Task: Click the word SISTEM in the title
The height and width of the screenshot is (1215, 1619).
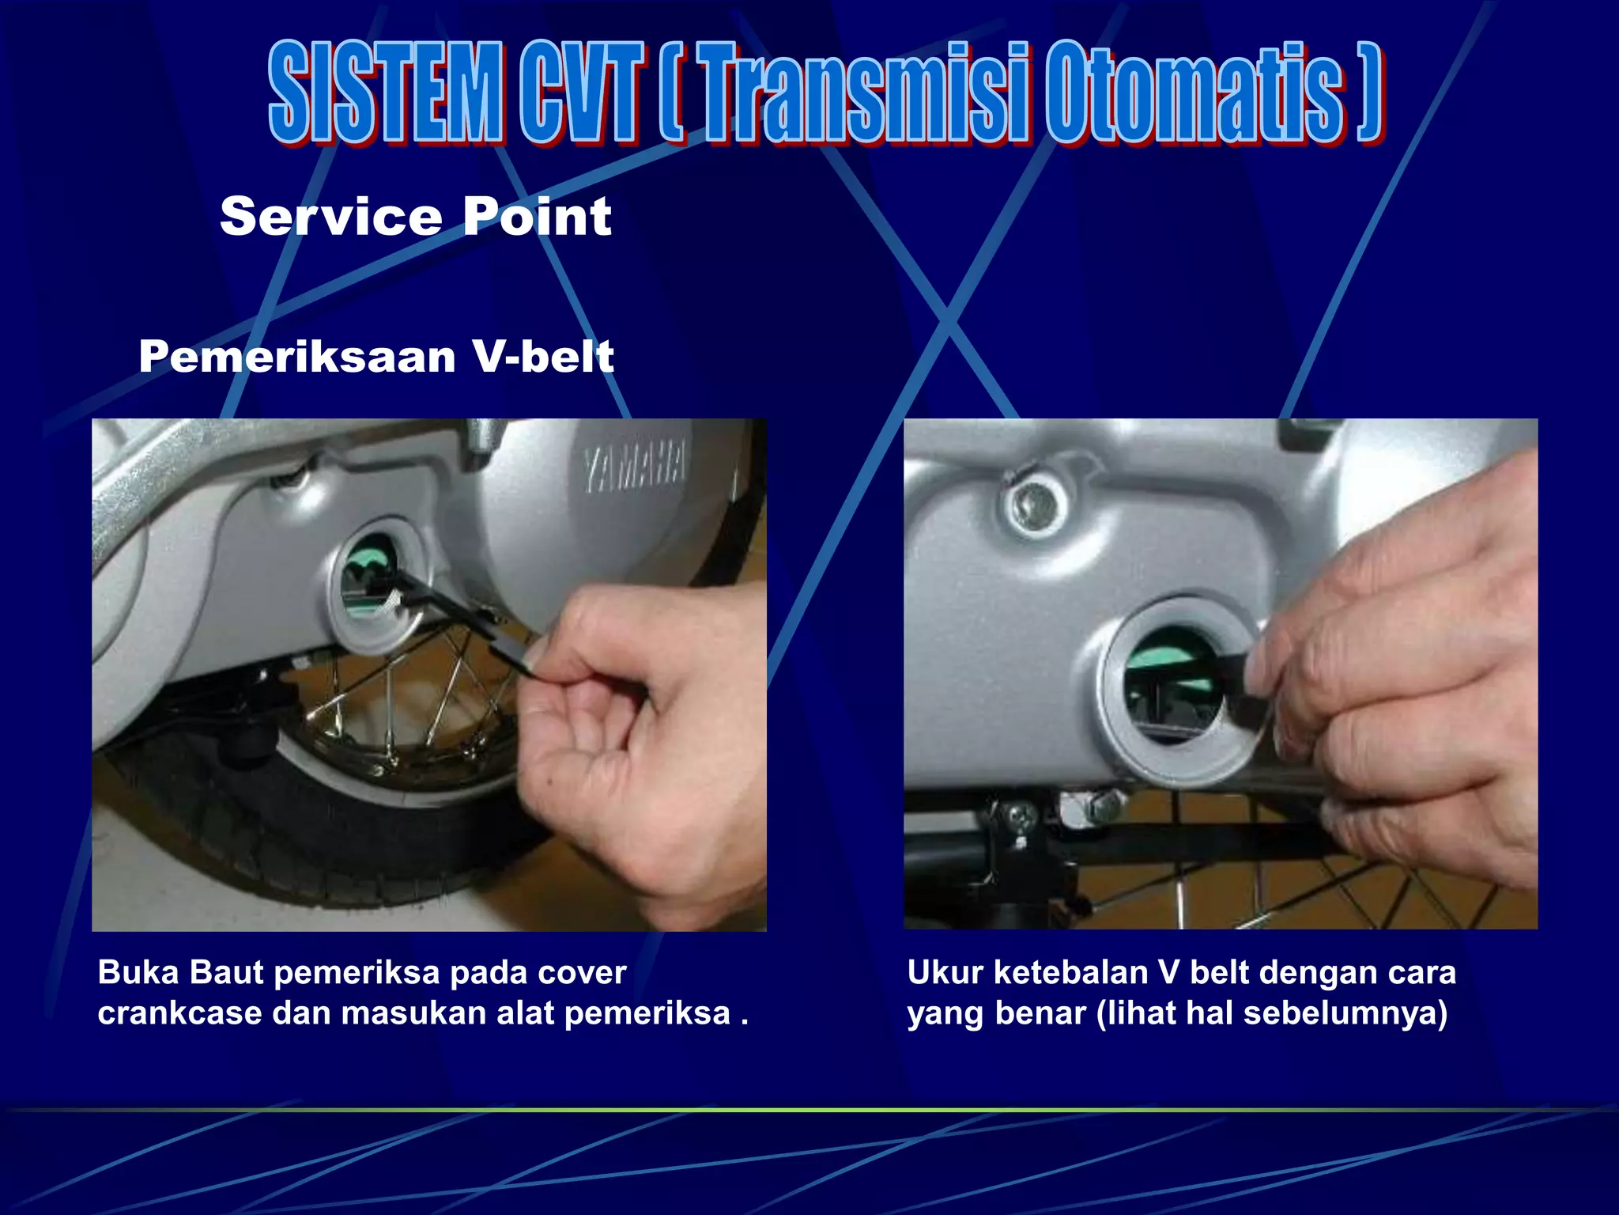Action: pyautogui.click(x=385, y=93)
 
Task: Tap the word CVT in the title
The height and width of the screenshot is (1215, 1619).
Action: pyautogui.click(x=579, y=93)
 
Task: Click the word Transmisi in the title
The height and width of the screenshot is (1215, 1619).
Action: pyautogui.click(x=866, y=93)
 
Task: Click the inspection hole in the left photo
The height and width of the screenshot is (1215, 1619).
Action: pyautogui.click(x=370, y=581)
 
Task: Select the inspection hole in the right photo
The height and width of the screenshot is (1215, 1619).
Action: pyautogui.click(x=1170, y=684)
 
